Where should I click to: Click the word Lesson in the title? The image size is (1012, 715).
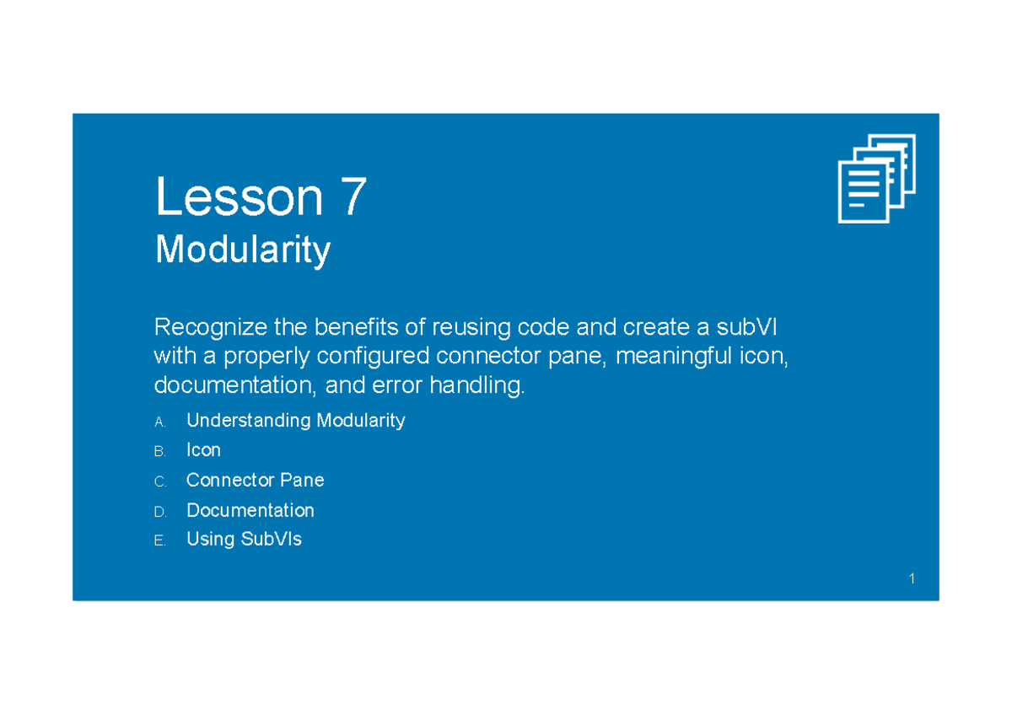[239, 198]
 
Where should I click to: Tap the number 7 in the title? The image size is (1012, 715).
[353, 198]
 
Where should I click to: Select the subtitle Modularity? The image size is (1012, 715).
[242, 250]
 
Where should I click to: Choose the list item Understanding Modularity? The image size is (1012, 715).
[295, 420]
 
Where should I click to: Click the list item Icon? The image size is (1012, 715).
[203, 450]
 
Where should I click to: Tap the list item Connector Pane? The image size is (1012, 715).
[255, 480]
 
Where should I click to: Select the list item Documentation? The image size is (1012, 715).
[250, 510]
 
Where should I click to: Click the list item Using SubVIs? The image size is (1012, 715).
[244, 540]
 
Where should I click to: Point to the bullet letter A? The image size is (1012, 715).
[159, 422]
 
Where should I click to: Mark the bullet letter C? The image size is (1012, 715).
[159, 481]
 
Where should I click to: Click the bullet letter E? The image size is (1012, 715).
[159, 541]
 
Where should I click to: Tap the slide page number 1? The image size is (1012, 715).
[912, 578]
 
